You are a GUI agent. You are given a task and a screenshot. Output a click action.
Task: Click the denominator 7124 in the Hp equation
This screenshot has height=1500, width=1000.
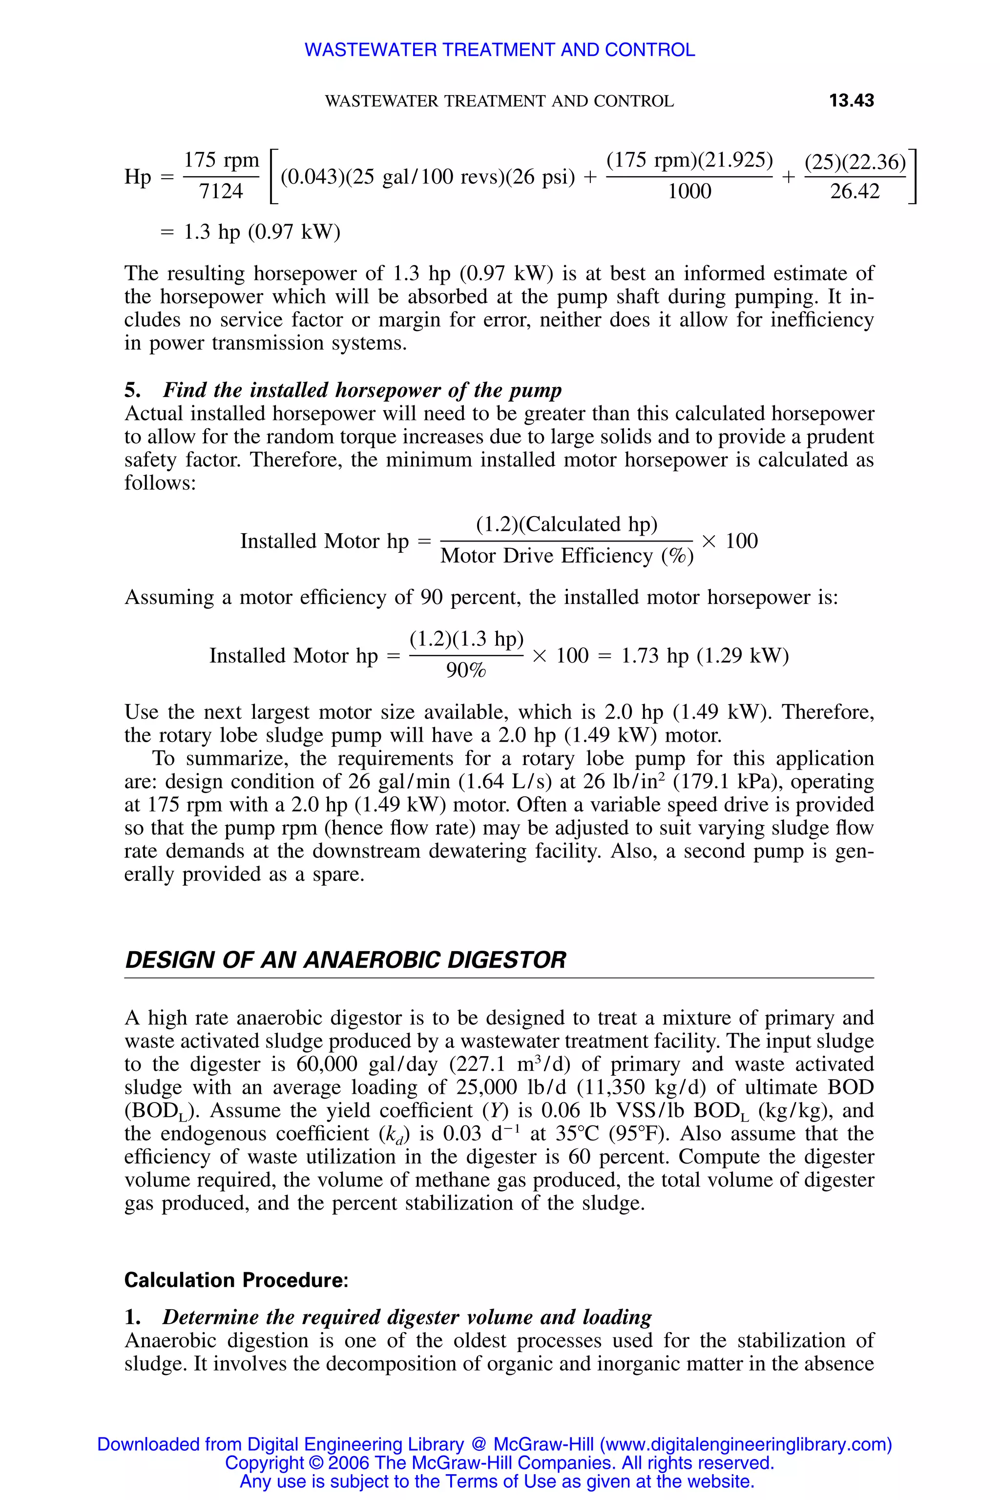tap(221, 191)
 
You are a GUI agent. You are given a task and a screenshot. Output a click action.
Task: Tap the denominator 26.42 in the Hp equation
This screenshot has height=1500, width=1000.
tap(854, 191)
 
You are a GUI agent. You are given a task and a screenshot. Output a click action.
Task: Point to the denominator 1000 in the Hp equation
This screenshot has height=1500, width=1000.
tap(689, 191)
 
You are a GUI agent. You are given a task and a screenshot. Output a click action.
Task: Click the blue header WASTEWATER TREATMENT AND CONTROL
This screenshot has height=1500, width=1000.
tap(500, 50)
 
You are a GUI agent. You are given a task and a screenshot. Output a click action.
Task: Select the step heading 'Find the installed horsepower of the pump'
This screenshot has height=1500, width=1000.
tap(362, 390)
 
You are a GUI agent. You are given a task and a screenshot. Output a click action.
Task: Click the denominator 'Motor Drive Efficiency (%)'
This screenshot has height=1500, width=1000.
tap(566, 556)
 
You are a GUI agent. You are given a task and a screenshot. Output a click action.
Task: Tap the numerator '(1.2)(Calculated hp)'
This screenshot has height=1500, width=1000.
tap(566, 524)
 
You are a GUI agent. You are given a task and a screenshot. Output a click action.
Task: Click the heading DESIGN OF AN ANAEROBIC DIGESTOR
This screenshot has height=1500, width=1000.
tap(345, 960)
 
